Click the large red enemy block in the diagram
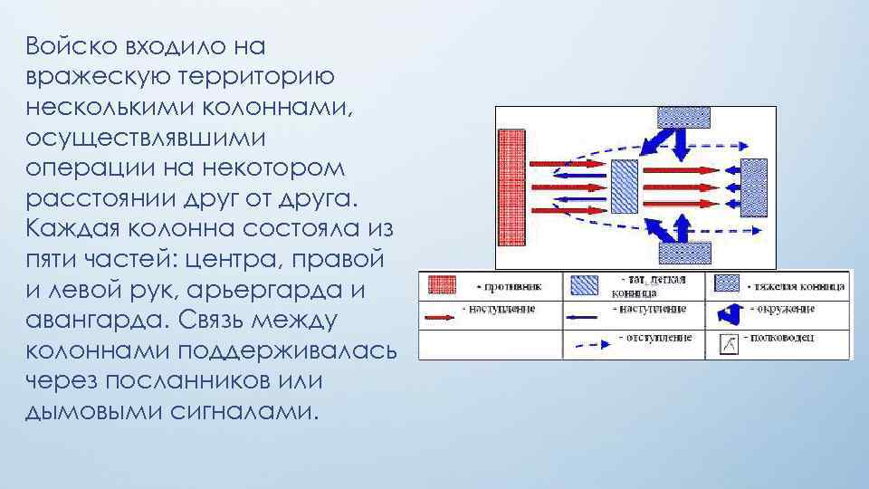tap(511, 187)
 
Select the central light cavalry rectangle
tap(624, 187)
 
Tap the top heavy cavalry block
tap(683, 117)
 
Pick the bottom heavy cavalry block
tap(683, 256)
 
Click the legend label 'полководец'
tap(788, 338)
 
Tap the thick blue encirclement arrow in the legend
tap(729, 314)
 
